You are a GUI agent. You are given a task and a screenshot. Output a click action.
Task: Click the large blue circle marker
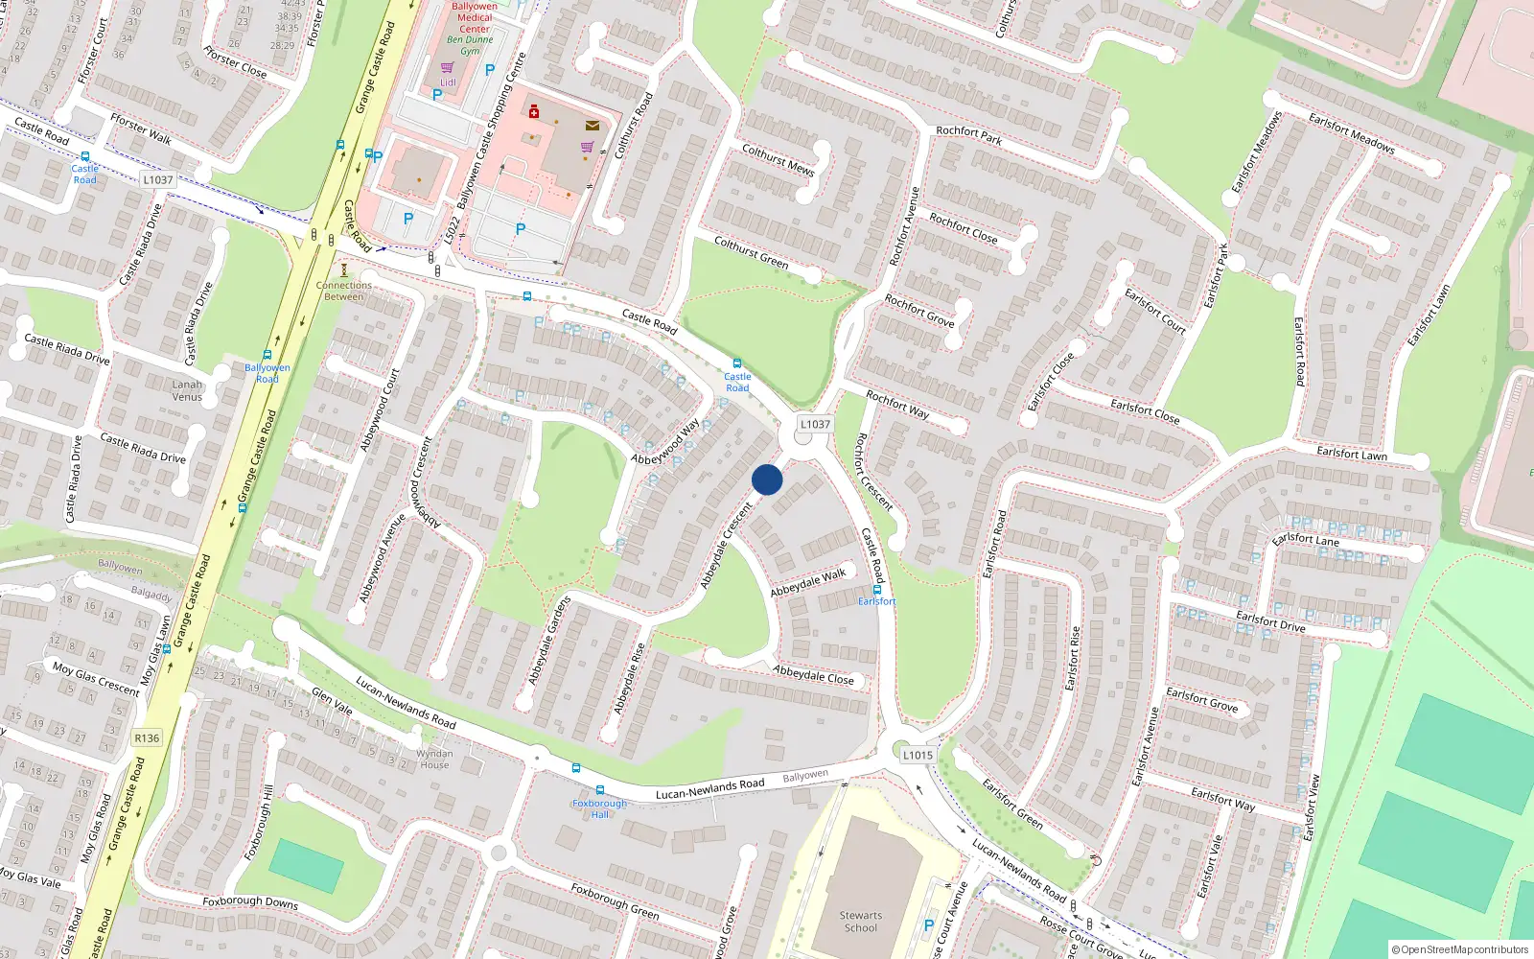(x=767, y=479)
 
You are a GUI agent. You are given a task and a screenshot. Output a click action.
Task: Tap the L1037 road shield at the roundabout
(x=815, y=424)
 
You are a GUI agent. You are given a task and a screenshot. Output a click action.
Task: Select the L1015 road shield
(x=918, y=755)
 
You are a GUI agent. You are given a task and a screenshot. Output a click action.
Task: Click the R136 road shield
(x=147, y=737)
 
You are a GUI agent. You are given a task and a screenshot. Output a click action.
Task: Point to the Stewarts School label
(x=860, y=922)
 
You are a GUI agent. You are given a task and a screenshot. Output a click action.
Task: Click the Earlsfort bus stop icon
(x=876, y=590)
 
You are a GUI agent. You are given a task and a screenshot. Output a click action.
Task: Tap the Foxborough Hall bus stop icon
(x=600, y=790)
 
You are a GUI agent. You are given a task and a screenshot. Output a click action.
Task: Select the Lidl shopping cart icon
(x=447, y=68)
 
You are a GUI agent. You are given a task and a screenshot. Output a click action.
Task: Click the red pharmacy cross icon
(x=534, y=112)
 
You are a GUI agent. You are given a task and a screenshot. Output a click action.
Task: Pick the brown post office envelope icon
(x=593, y=126)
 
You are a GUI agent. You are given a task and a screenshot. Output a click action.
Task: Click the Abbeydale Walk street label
(x=808, y=582)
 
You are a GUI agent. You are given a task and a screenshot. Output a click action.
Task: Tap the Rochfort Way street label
(x=897, y=405)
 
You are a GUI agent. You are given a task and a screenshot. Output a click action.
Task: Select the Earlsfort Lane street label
(x=1306, y=540)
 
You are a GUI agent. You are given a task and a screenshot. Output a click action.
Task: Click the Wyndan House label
(x=434, y=759)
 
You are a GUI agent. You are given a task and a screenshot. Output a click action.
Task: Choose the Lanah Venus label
(x=187, y=390)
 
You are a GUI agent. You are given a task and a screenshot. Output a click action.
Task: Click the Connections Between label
(x=343, y=291)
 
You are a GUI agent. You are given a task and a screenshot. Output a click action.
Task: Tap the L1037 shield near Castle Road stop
(x=157, y=179)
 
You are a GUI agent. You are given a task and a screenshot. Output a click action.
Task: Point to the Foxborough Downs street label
(x=250, y=901)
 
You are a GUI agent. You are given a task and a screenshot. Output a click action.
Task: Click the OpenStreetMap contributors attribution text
(x=1463, y=949)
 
